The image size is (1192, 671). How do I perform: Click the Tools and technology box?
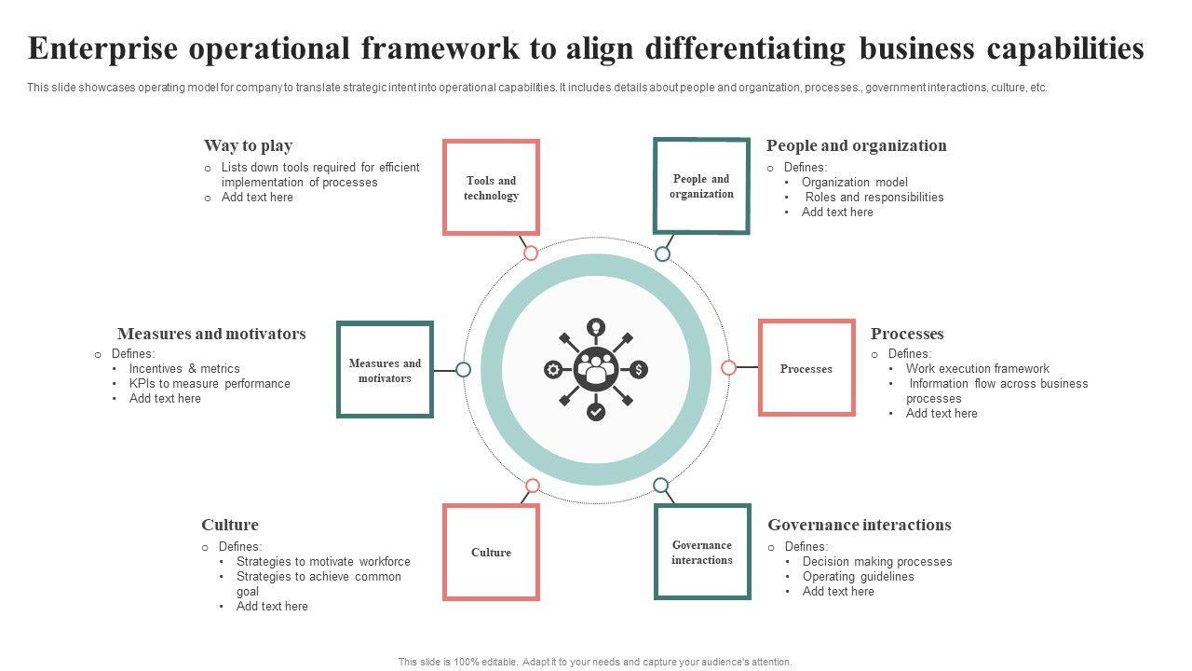click(491, 187)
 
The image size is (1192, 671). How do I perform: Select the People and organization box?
click(701, 185)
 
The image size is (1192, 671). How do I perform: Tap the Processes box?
click(806, 368)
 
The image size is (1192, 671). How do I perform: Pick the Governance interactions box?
click(702, 552)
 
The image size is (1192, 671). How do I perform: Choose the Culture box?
click(491, 552)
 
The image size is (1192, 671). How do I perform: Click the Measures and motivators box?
click(385, 370)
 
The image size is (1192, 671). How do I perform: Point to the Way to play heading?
click(248, 145)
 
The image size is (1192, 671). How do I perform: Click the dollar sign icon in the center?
click(639, 370)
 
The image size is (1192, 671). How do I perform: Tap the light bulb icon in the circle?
click(596, 327)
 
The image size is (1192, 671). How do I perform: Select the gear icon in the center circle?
click(553, 370)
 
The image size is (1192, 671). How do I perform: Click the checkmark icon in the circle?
click(596, 412)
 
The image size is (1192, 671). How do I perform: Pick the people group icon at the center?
click(596, 369)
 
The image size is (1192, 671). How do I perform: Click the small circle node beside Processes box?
click(729, 368)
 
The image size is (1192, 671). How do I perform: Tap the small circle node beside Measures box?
click(464, 370)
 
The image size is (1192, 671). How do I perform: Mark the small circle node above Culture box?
click(533, 486)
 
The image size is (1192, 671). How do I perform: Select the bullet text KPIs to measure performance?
click(210, 383)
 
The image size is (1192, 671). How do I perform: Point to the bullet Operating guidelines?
click(858, 576)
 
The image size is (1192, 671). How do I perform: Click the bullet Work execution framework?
click(977, 368)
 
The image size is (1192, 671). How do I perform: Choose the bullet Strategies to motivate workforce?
click(323, 561)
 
